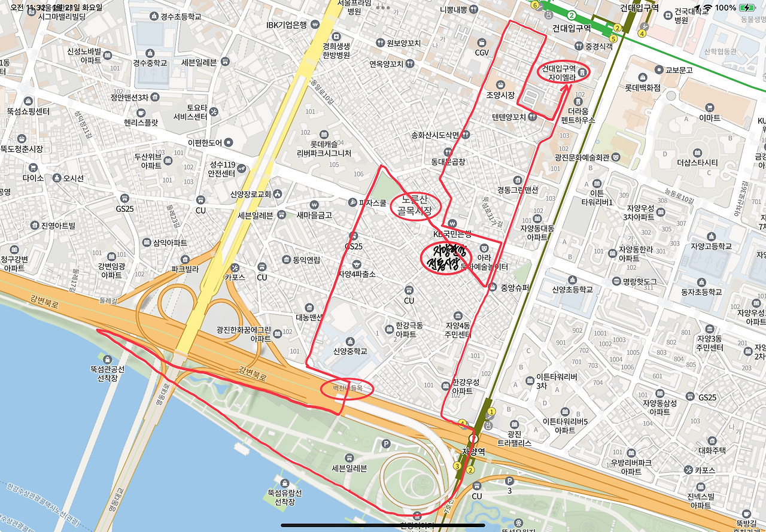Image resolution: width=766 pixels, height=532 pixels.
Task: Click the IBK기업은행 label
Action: click(287, 25)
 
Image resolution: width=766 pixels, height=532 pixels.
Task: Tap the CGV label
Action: click(482, 52)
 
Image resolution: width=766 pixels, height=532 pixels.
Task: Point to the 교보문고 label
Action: click(679, 69)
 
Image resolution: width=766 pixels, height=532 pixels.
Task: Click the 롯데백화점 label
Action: click(642, 87)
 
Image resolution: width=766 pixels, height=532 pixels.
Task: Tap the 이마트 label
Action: click(709, 118)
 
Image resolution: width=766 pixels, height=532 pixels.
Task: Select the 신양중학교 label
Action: click(350, 351)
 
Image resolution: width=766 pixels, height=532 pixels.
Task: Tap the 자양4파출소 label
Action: click(357, 274)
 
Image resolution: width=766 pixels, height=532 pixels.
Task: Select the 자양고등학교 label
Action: click(711, 246)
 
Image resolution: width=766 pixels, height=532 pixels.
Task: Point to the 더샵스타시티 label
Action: click(697, 162)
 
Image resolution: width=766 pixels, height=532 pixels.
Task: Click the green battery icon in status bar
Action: click(747, 8)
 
